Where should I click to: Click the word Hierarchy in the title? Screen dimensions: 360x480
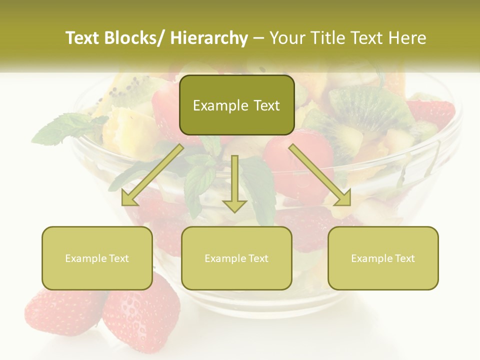click(x=209, y=38)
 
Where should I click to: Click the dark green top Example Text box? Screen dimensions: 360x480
click(x=236, y=105)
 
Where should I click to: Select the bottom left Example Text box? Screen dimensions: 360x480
click(x=97, y=258)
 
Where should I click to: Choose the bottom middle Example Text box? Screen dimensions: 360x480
click(x=236, y=258)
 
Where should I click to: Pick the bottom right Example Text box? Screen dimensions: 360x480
click(x=383, y=258)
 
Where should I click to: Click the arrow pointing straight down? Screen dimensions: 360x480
click(x=234, y=185)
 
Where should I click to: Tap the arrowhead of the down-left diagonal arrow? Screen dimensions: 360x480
click(x=129, y=198)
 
